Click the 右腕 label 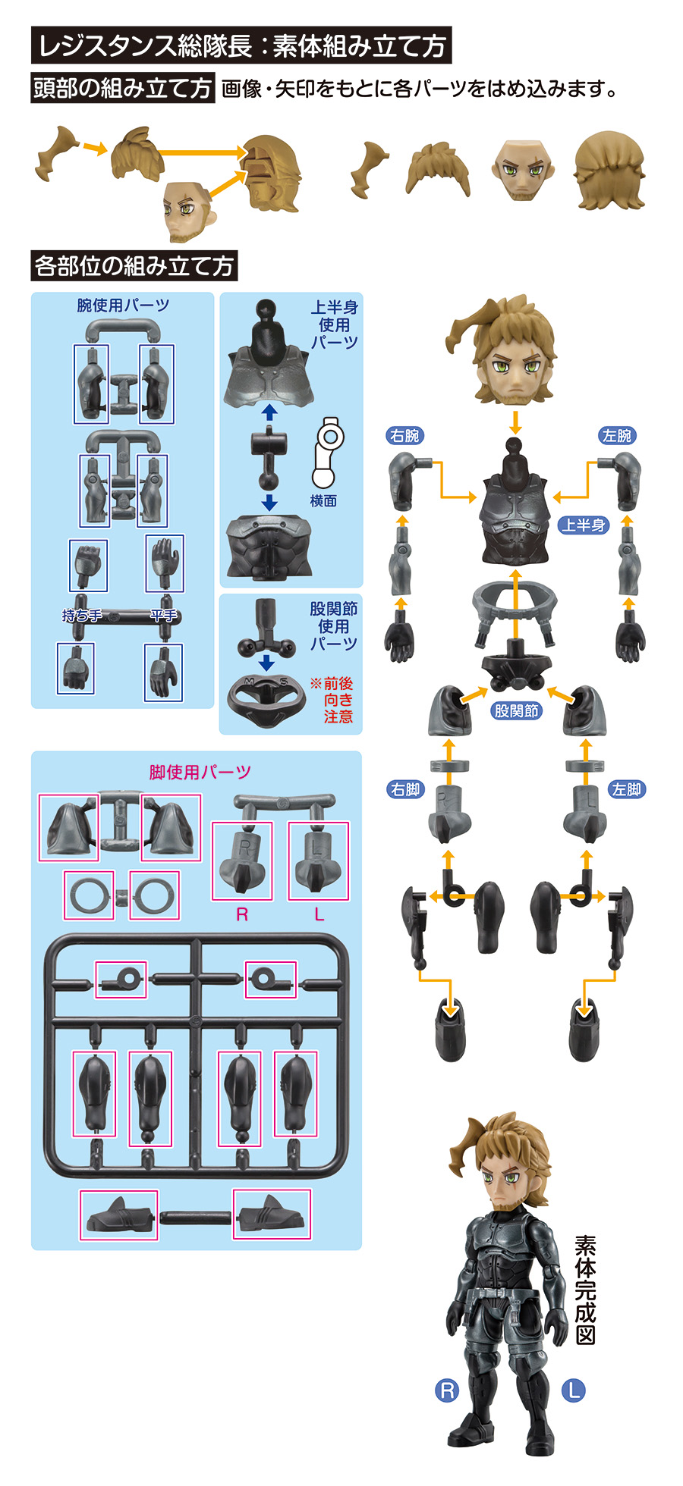404,436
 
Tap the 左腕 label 616,436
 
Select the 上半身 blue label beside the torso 584,525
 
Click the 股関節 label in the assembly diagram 516,710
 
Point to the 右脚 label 405,789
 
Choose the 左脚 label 627,789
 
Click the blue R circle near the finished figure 447,1390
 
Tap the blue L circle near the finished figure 574,1390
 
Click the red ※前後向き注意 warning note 332,700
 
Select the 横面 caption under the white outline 323,501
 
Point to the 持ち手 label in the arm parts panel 82,616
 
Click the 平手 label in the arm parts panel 164,616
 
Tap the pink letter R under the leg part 242,914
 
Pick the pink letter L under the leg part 319,914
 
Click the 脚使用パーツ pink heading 200,773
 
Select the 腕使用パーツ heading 123,306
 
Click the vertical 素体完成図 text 585,1290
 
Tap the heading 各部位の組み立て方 134,266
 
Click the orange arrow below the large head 516,422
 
